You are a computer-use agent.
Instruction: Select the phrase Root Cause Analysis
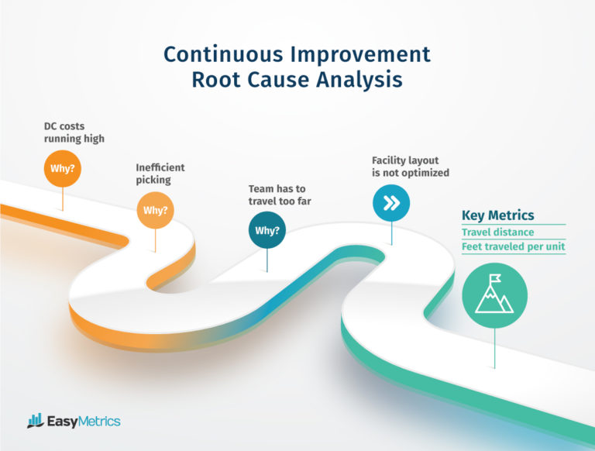(297, 81)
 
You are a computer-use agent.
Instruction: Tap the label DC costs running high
(74, 132)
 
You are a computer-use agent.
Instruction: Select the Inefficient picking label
(160, 174)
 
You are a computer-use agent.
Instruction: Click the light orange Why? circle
(155, 210)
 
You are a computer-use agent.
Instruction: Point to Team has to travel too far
(284, 195)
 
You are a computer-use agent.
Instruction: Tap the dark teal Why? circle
(267, 230)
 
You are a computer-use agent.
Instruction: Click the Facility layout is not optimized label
(410, 167)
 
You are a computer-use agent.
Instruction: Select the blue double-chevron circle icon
(391, 203)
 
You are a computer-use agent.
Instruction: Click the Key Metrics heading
(497, 215)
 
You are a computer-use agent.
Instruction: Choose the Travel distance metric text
(497, 232)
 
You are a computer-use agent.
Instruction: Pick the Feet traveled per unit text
(513, 247)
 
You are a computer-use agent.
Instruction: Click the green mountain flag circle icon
(494, 295)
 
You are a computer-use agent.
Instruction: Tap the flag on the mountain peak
(497, 277)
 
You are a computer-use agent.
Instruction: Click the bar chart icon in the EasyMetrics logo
(35, 421)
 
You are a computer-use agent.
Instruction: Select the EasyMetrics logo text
(84, 422)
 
